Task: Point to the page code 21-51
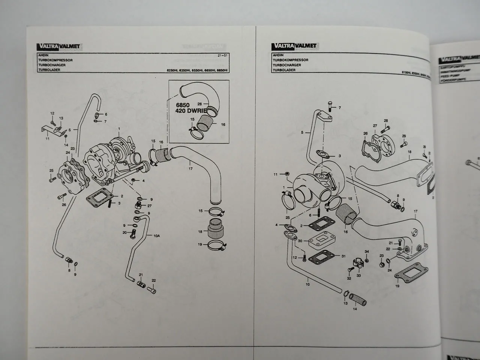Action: [223, 55]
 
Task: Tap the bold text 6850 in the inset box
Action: [180, 105]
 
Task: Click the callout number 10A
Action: [156, 236]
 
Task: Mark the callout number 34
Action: [367, 252]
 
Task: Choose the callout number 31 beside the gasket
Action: [343, 256]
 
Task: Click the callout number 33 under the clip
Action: [358, 276]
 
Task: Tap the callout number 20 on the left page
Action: [124, 232]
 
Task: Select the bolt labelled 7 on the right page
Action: [330, 106]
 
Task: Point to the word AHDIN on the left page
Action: [43, 55]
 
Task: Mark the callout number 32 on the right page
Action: [349, 279]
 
